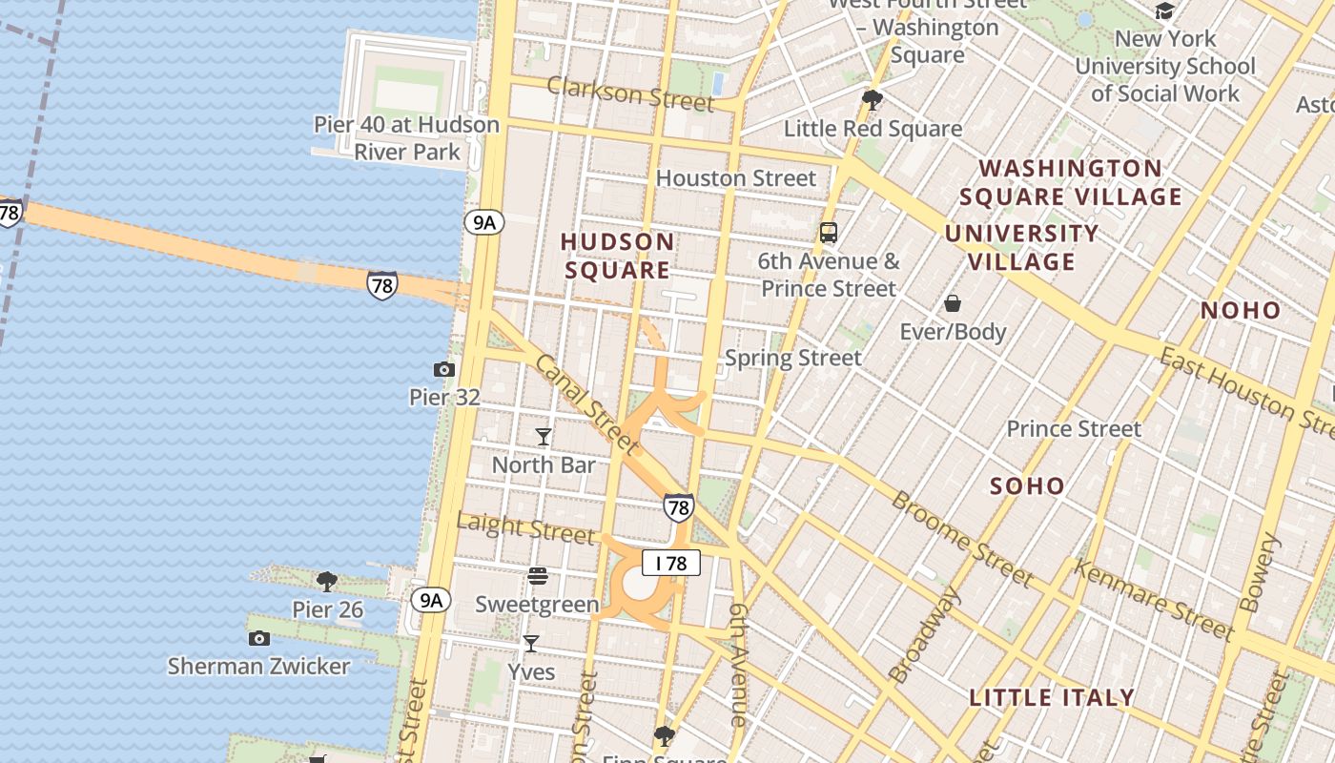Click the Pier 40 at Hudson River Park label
pyautogui.click(x=406, y=138)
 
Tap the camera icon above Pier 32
pyautogui.click(x=443, y=369)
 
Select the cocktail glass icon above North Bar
pyautogui.click(x=544, y=437)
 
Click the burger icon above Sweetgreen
pyautogui.click(x=538, y=575)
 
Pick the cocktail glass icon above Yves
pyautogui.click(x=531, y=644)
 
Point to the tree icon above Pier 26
pyautogui.click(x=327, y=581)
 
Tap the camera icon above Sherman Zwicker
pyautogui.click(x=258, y=638)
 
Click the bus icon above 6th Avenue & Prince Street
pyautogui.click(x=829, y=232)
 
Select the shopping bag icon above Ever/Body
pyautogui.click(x=953, y=304)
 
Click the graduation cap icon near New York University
pyautogui.click(x=1164, y=10)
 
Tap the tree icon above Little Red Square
pyautogui.click(x=872, y=99)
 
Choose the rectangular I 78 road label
pyautogui.click(x=671, y=563)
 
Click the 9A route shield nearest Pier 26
pyautogui.click(x=431, y=599)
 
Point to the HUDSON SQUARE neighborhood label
pyautogui.click(x=618, y=256)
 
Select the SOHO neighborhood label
pyautogui.click(x=1027, y=486)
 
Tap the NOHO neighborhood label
pyautogui.click(x=1241, y=310)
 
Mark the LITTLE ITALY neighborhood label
pyautogui.click(x=1052, y=697)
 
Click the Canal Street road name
pyautogui.click(x=585, y=403)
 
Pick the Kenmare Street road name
pyautogui.click(x=1154, y=599)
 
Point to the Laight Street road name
pyautogui.click(x=525, y=527)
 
